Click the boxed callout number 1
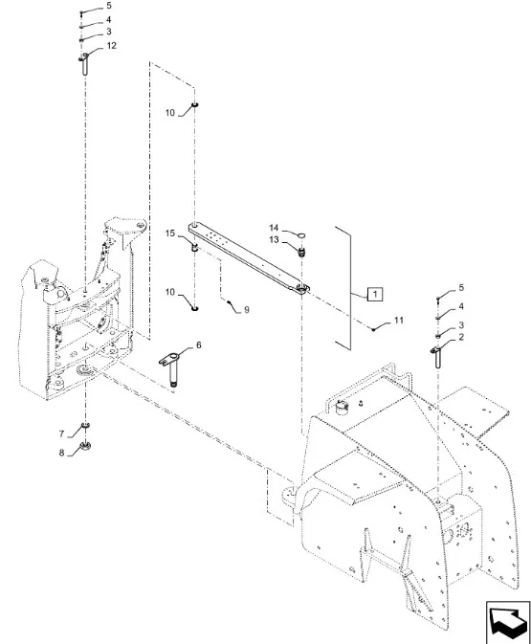[x=375, y=294]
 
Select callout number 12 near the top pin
[x=111, y=46]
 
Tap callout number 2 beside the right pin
[x=461, y=337]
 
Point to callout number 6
[x=199, y=345]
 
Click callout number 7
[x=61, y=433]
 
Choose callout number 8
[x=61, y=453]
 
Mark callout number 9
[x=247, y=310]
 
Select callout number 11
[x=399, y=320]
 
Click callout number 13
[x=274, y=239]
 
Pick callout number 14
[x=274, y=228]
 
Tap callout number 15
[x=170, y=233]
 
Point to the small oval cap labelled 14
[x=301, y=235]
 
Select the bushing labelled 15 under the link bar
[x=195, y=248]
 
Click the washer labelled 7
[x=86, y=425]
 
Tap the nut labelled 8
[x=86, y=445]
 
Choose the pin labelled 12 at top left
[x=84, y=64]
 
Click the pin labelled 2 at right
[x=437, y=357]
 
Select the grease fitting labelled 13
[x=302, y=252]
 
